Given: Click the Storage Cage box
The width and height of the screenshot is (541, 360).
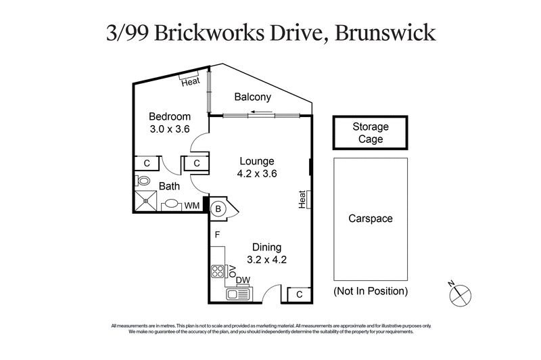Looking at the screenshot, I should pyautogui.click(x=370, y=133).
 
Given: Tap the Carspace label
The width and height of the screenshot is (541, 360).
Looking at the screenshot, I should pyautogui.click(x=370, y=219).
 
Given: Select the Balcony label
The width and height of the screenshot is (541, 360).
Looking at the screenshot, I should pyautogui.click(x=253, y=97).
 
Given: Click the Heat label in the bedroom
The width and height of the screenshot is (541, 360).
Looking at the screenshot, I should pyautogui.click(x=190, y=83).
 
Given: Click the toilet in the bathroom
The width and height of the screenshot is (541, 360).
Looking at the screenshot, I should pyautogui.click(x=143, y=181).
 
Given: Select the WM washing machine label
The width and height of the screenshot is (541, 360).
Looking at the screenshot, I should pyautogui.click(x=192, y=206).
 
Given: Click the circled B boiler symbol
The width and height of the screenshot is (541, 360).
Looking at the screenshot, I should pyautogui.click(x=218, y=209).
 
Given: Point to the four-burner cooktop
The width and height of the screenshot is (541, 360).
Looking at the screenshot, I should pyautogui.click(x=218, y=273).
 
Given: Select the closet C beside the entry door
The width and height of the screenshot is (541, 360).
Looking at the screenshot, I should pyautogui.click(x=299, y=294).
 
